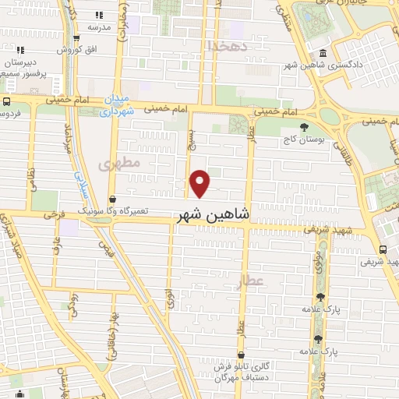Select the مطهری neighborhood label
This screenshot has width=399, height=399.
tap(120, 164)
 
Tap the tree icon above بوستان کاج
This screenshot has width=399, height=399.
tap(303, 128)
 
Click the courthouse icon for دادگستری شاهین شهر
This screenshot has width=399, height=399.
tap(323, 54)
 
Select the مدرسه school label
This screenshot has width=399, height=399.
tap(99, 26)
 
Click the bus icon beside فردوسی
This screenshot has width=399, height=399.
tap(6, 102)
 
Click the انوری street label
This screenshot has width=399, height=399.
tap(169, 298)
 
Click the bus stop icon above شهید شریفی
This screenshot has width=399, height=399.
tap(383, 250)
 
